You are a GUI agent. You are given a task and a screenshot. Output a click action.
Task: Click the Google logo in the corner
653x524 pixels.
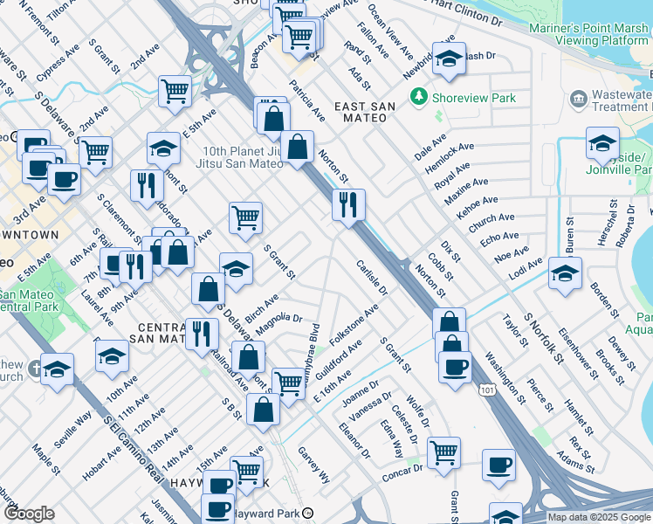29,514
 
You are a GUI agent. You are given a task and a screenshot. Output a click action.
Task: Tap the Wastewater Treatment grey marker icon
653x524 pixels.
578,99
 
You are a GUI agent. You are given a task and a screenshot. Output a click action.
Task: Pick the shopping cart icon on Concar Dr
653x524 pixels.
443,453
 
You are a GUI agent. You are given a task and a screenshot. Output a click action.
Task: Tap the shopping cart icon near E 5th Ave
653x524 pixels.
175,90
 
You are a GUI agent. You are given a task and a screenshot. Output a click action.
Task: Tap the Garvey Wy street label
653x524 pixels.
314,465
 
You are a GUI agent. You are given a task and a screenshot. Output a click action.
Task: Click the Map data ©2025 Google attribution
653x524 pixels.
599,517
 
